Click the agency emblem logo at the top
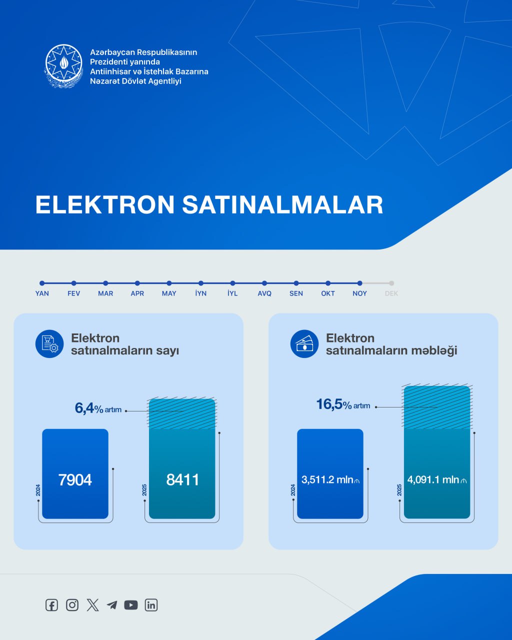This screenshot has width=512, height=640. coord(64,66)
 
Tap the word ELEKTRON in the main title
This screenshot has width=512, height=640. coord(105,204)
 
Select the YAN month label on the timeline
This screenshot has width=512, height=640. coord(42,293)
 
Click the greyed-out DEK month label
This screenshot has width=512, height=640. coord(391,293)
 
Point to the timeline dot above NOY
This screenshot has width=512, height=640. coord(360,283)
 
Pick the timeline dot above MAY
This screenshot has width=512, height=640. coord(169,283)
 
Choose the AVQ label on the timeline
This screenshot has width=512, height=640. coord(264,293)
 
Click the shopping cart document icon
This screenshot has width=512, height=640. coord(49,344)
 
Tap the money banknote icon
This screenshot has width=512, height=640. coord(304,344)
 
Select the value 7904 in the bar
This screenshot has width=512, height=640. coord(75,480)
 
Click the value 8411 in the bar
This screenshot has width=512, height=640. coord(182,480)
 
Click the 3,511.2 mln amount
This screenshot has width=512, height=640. coord(330,480)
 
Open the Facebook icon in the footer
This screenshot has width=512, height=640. coord(51,605)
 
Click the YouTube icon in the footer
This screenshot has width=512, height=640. coord(131,605)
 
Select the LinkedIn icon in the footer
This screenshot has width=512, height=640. coord(151,605)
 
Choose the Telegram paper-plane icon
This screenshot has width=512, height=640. coord(112,605)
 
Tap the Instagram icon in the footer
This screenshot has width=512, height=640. coord(72,605)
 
